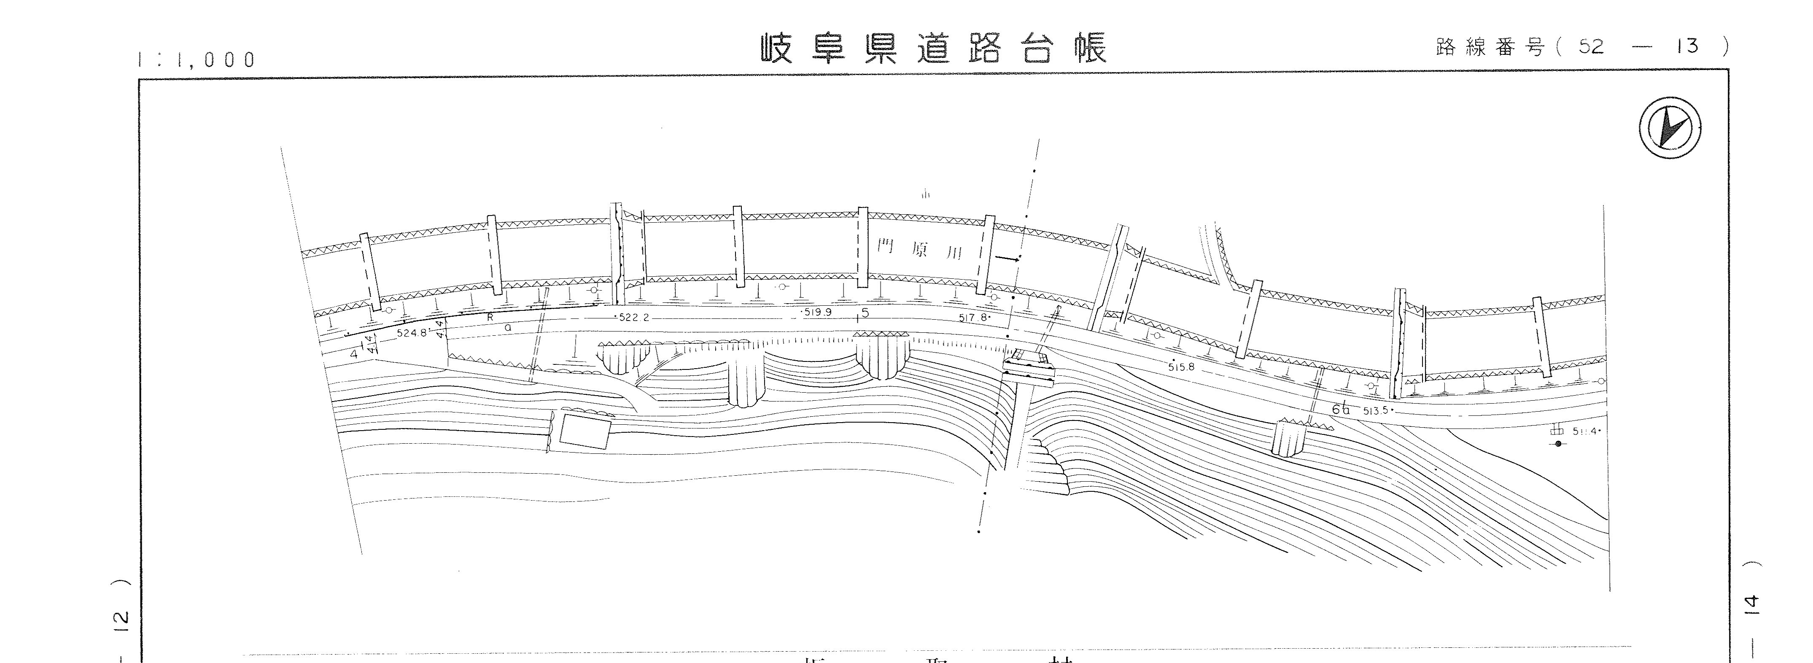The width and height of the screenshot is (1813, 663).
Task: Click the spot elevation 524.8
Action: (412, 333)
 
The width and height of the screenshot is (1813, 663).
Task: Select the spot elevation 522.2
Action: (633, 318)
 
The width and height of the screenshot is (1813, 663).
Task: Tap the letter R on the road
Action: (490, 318)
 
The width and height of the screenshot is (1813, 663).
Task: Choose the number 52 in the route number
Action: (1591, 46)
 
